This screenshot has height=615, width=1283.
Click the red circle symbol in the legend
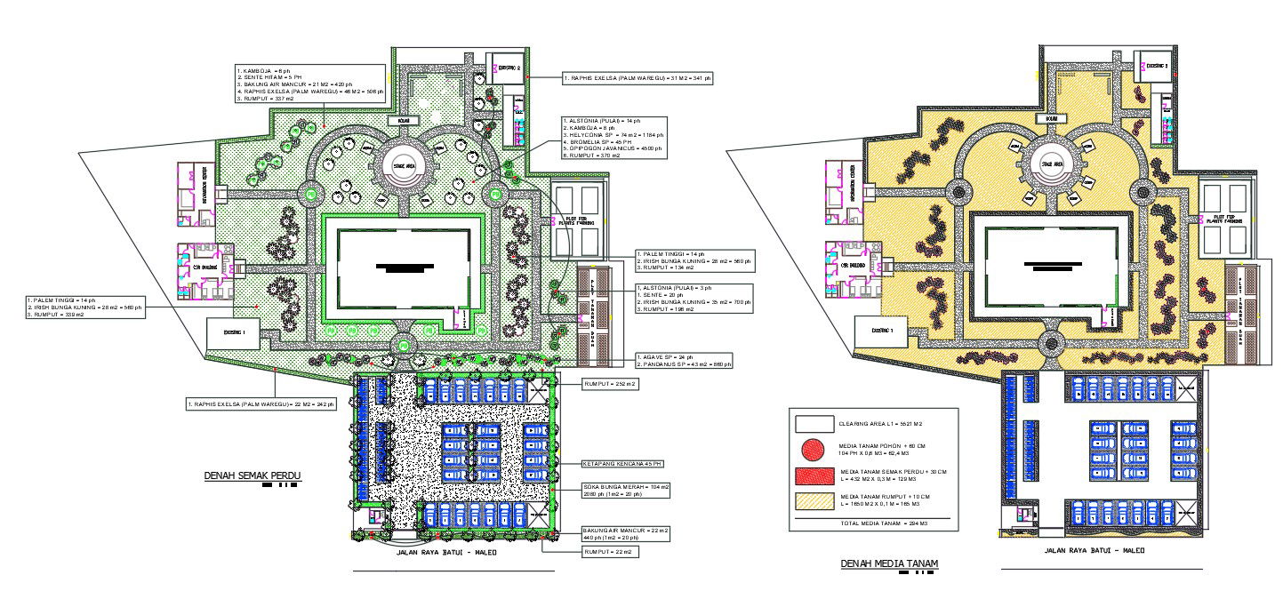point(814,451)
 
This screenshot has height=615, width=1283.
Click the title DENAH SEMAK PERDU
point(253,476)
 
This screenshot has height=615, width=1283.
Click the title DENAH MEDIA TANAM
point(889,563)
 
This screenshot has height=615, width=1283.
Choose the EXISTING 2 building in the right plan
point(1156,67)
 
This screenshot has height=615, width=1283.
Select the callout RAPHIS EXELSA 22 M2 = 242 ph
point(261,404)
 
